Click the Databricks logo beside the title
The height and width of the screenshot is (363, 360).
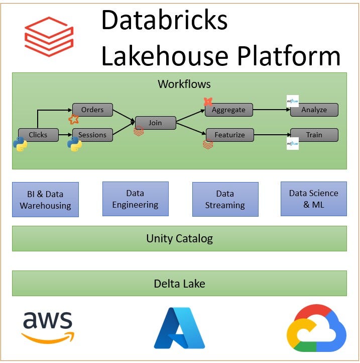point(49,36)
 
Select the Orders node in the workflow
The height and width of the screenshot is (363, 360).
point(92,110)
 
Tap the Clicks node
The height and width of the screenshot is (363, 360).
point(38,135)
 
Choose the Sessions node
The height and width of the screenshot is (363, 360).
point(92,135)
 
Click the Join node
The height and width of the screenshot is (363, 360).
point(155,123)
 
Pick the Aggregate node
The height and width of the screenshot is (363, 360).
point(228,110)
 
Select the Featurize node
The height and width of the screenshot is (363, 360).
point(229,135)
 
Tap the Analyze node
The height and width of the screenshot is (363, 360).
point(314,110)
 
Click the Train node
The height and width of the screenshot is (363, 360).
point(314,135)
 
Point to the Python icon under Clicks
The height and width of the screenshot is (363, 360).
point(20,145)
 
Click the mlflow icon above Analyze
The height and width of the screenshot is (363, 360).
point(292,101)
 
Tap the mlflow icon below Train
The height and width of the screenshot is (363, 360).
point(292,144)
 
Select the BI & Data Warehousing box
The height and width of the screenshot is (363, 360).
point(45,200)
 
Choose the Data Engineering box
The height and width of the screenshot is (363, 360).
point(135,199)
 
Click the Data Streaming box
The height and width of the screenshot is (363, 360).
point(225,199)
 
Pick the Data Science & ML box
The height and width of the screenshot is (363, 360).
point(313,199)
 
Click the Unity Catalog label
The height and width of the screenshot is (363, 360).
point(179,238)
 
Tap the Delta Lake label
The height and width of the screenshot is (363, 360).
point(179,284)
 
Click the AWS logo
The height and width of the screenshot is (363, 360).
point(48,327)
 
